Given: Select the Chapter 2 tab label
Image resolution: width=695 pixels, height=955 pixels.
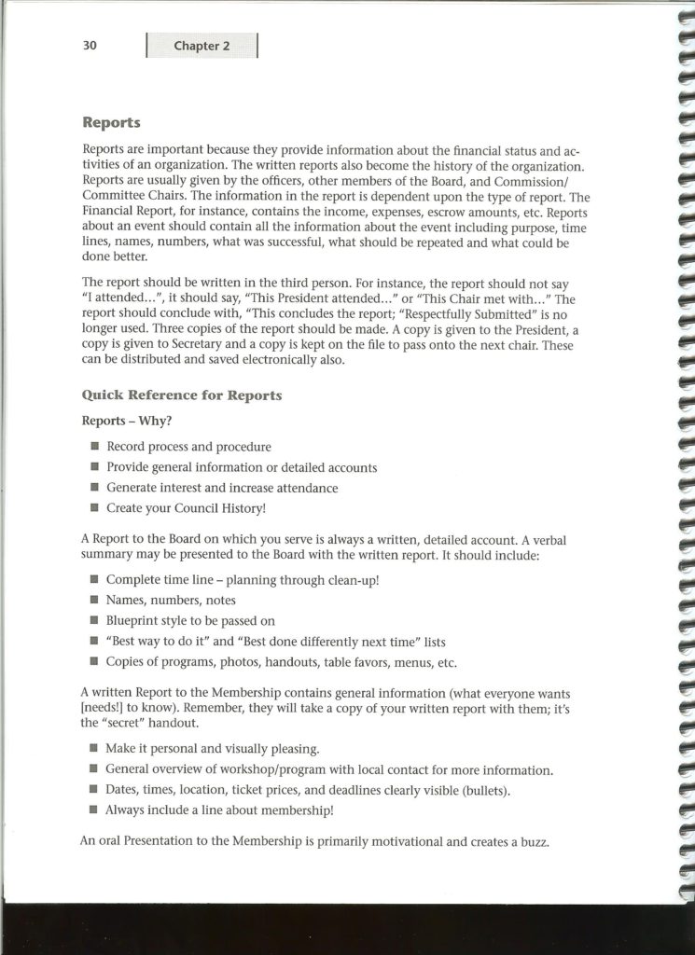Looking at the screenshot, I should (202, 47).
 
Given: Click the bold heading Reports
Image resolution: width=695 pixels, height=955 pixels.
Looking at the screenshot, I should (111, 122).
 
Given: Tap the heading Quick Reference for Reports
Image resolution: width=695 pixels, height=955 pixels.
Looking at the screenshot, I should (182, 395).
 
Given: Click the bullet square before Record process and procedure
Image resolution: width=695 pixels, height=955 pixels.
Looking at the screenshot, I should (94, 448).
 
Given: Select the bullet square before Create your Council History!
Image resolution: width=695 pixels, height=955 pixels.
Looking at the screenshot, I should (94, 509).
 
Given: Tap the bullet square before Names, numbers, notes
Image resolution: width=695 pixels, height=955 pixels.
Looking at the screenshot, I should (94, 601).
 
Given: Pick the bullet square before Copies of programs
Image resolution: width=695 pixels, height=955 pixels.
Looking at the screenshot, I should (94, 663).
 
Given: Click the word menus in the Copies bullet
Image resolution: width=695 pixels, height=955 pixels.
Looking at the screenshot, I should (405, 663).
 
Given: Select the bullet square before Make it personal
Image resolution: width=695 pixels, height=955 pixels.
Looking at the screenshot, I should (94, 749).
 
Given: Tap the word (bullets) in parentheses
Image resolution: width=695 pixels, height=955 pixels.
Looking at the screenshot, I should (486, 791).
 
